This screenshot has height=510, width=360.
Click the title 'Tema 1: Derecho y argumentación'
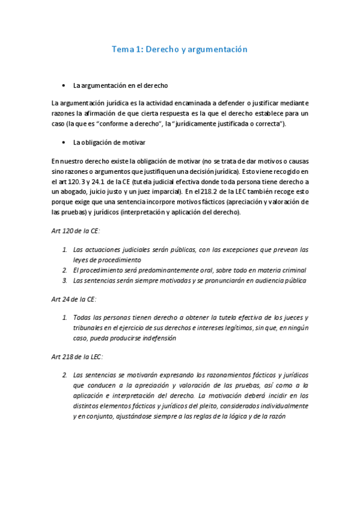(x=180, y=49)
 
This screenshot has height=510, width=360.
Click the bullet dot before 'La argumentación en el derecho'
(x=64, y=85)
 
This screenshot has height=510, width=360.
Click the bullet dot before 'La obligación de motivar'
(x=64, y=143)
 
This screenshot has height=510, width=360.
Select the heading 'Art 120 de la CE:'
(x=75, y=231)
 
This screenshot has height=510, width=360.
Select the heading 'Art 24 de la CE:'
(x=73, y=299)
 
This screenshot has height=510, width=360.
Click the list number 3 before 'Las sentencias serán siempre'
(x=65, y=280)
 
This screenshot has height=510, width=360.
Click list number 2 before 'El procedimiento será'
(x=65, y=270)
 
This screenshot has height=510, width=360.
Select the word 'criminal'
(x=293, y=270)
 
